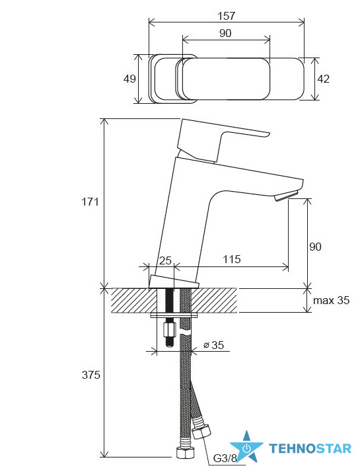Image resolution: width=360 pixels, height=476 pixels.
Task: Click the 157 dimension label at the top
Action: click(227, 16)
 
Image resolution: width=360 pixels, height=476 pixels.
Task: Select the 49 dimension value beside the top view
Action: click(129, 79)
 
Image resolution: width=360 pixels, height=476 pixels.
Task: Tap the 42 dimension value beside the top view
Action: click(323, 79)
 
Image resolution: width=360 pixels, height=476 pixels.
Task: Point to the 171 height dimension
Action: click(90, 202)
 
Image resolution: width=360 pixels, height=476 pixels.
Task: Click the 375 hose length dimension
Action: click(90, 375)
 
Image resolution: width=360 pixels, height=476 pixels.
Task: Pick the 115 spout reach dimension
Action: click(232, 259)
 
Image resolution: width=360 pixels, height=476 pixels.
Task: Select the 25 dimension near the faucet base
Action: click(166, 260)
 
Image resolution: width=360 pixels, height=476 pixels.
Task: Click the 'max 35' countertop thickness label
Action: click(331, 300)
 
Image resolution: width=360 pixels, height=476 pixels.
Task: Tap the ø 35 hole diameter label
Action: click(213, 345)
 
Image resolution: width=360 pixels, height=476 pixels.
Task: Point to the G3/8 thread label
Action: click(225, 458)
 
